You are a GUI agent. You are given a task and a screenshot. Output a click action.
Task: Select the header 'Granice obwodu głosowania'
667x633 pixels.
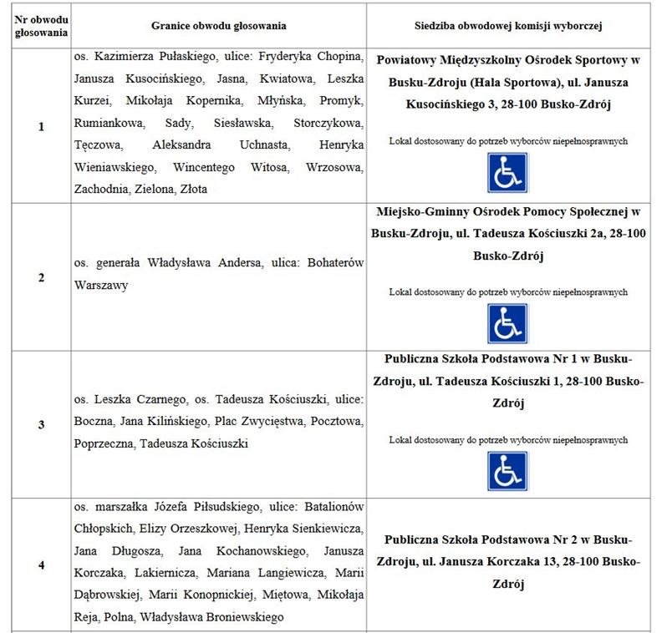click(x=219, y=25)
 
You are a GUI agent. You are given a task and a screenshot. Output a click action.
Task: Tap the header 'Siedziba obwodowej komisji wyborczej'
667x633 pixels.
click(x=509, y=25)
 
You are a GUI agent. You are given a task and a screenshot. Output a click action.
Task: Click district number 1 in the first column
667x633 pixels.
click(x=41, y=127)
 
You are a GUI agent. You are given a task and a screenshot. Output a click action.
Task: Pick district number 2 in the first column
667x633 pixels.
click(x=41, y=277)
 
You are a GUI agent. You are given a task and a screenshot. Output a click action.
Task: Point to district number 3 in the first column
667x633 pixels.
click(x=41, y=424)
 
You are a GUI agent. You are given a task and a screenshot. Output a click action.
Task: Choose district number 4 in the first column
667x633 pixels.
click(x=41, y=565)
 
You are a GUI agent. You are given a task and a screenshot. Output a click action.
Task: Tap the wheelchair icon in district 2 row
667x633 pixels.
click(x=508, y=323)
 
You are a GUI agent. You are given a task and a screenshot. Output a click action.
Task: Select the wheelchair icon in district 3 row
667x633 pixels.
click(x=508, y=471)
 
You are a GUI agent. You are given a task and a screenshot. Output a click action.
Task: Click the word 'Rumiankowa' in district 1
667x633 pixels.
click(x=104, y=124)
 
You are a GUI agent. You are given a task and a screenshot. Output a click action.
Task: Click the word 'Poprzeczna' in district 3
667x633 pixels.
click(x=104, y=443)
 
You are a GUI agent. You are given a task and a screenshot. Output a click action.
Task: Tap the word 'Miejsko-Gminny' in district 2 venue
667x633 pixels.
click(x=420, y=211)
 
